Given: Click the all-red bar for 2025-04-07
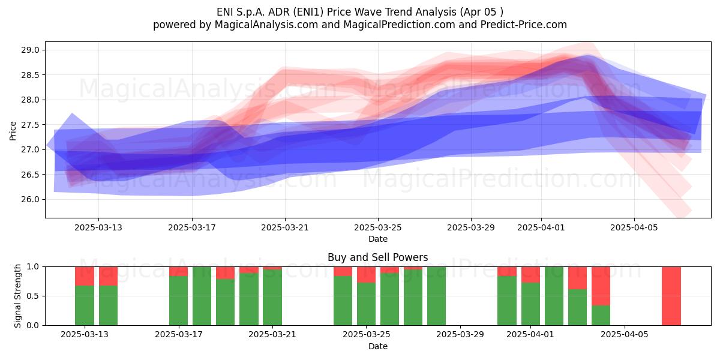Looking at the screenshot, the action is (x=671, y=296).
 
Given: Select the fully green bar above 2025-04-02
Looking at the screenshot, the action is (x=554, y=296).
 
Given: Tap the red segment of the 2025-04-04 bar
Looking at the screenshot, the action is (x=601, y=286).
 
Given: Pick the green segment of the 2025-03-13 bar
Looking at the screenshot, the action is (x=85, y=305).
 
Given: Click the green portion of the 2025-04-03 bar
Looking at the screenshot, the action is (x=577, y=307).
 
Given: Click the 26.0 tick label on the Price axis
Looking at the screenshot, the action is (x=30, y=199).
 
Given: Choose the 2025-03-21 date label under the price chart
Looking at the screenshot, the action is (x=285, y=227).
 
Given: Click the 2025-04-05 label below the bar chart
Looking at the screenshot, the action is (x=625, y=334).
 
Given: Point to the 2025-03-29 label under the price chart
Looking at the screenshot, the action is (x=471, y=227).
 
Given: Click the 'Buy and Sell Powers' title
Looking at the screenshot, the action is (x=377, y=257).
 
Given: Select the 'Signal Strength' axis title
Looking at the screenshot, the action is (x=17, y=296).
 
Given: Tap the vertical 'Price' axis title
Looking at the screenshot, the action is (x=13, y=131).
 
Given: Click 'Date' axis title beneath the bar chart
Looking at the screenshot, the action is (x=377, y=346).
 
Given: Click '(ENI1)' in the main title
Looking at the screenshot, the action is (x=310, y=12).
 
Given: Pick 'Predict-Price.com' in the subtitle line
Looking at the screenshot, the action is (x=524, y=25).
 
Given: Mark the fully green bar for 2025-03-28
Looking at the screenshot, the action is (x=437, y=296).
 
